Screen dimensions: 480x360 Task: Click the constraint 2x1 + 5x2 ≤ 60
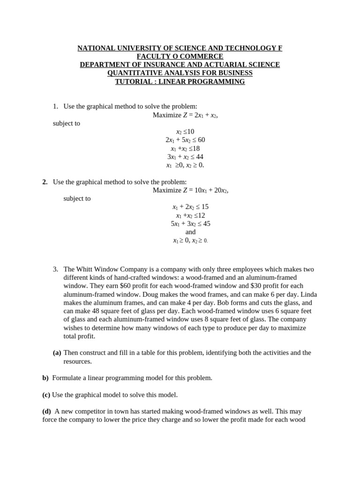185,140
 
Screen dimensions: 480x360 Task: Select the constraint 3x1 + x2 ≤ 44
185,157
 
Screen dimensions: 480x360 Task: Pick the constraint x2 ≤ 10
185,132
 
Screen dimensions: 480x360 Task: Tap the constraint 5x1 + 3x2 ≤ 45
190,224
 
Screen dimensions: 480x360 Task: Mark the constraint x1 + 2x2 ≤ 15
190,207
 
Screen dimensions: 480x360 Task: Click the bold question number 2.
45,182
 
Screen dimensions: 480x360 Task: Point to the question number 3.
55,269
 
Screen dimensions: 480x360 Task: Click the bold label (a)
57,352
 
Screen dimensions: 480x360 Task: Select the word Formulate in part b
67,378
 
